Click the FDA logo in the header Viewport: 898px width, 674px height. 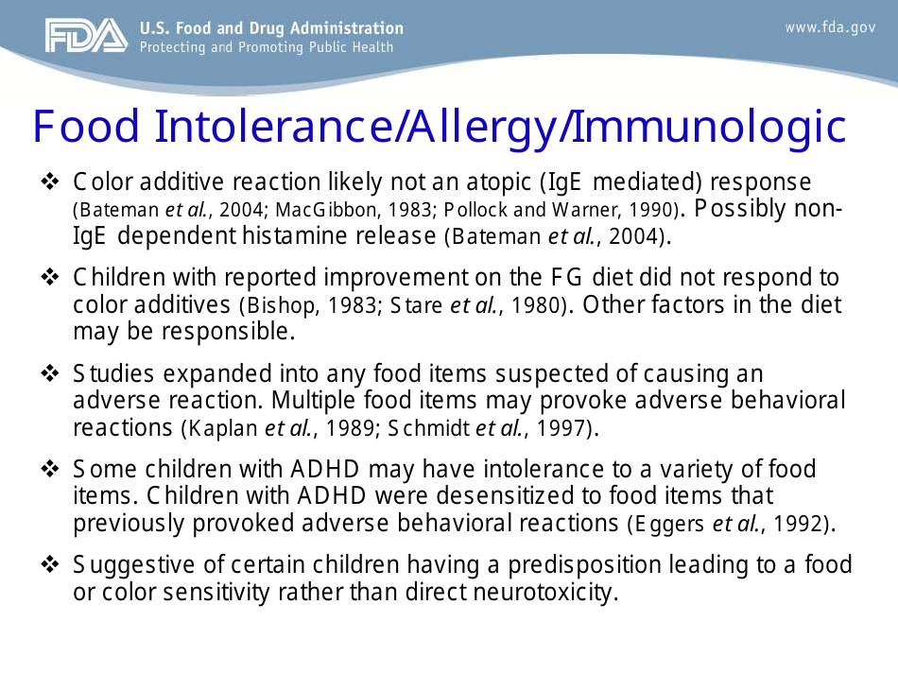pyautogui.click(x=85, y=37)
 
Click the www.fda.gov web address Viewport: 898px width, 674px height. pyautogui.click(x=830, y=28)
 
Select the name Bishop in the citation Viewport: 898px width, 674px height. pyautogui.click(x=275, y=306)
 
